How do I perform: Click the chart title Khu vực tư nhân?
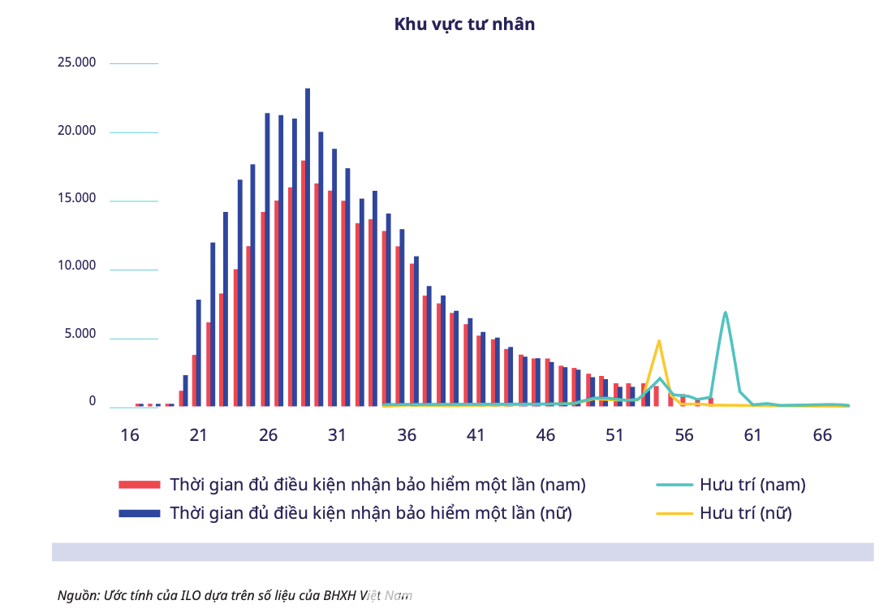(464, 24)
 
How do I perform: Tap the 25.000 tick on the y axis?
(76, 63)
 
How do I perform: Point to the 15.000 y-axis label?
(76, 199)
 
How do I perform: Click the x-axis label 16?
(129, 435)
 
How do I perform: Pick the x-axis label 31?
(337, 435)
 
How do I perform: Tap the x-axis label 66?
(822, 435)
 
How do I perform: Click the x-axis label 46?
(545, 435)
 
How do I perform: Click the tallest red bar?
(303, 284)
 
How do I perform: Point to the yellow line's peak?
(659, 341)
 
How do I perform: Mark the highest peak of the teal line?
(725, 313)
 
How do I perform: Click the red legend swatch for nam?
(140, 485)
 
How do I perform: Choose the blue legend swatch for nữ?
(140, 513)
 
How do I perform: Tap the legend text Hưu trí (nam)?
(752, 485)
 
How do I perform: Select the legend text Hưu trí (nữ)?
(745, 513)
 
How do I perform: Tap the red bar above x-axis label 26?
(263, 309)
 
